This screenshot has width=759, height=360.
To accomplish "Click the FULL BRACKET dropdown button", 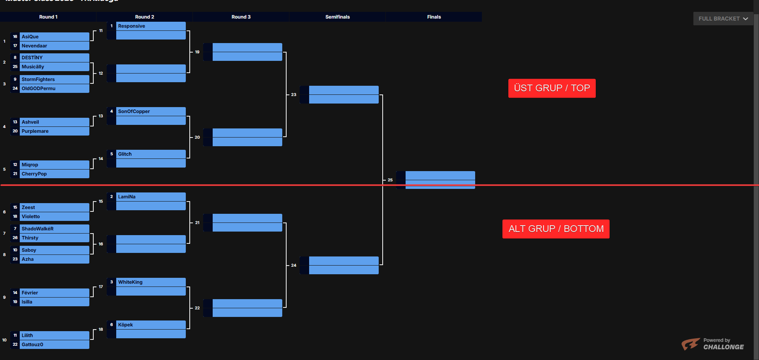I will coord(723,19).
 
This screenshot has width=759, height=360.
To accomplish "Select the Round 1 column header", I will coord(48,17).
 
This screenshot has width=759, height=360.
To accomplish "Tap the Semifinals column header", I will coord(337,17).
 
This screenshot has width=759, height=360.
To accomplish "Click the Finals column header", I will coord(434,17).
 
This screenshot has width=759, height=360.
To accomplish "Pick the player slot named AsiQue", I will coord(54,37).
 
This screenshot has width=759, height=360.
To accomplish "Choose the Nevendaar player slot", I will coord(54,46).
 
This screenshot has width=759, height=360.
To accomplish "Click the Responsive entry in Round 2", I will coord(151,26).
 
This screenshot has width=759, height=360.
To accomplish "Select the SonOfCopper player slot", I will coord(151,111).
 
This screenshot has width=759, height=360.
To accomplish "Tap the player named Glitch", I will coord(151,154).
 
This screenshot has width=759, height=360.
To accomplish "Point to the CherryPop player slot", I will coord(54,174).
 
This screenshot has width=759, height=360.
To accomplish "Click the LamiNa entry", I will coord(151,197).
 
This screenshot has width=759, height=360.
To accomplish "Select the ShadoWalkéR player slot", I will coord(54,229).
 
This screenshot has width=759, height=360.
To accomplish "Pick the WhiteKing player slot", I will coord(151,282).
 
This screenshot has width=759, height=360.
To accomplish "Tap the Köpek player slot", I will coord(151,325).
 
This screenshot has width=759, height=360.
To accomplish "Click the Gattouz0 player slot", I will coord(54,345).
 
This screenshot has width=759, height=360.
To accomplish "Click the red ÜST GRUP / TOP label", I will coord(552,88).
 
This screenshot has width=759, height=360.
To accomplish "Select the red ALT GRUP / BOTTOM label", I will coord(556,229).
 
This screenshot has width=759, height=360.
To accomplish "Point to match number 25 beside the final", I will coord(390,180).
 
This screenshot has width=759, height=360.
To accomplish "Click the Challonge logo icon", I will coord(690,344).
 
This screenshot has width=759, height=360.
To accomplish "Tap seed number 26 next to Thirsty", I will coord(15,238).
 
